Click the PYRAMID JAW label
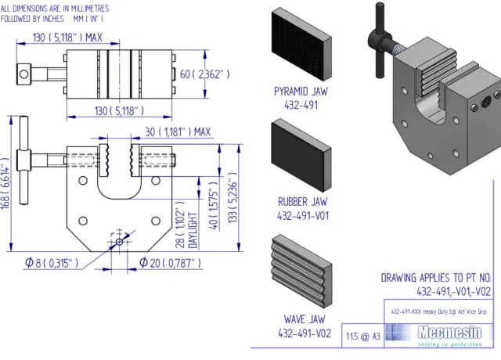pos(301,92)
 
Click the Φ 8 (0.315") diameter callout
pos(52,262)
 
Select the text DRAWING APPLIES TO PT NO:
pos(436,278)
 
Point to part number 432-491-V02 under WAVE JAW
pos(305,333)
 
